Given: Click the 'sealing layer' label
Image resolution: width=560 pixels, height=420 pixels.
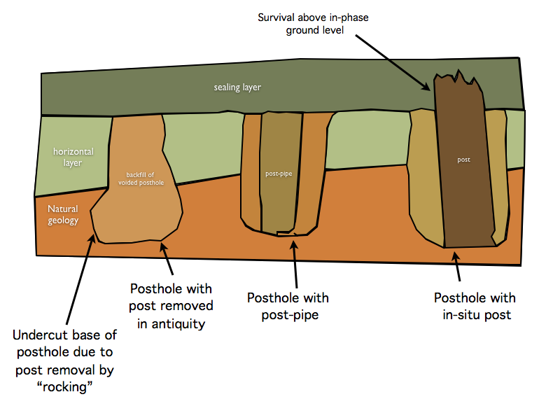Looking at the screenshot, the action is click(x=237, y=87).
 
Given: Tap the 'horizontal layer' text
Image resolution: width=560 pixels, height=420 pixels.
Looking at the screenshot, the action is click(x=73, y=157).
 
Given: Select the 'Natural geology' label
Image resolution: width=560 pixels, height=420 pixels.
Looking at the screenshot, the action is click(x=63, y=214).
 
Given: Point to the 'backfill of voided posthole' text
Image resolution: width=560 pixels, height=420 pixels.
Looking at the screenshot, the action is click(x=141, y=178).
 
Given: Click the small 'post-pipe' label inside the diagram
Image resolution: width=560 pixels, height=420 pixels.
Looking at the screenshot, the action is click(x=279, y=174).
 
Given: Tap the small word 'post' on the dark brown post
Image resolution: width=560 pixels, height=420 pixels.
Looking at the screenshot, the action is click(x=463, y=160).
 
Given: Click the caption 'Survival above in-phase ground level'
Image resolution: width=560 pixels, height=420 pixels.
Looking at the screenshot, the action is click(x=313, y=24).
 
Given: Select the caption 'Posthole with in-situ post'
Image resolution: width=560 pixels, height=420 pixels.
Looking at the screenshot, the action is click(x=475, y=306).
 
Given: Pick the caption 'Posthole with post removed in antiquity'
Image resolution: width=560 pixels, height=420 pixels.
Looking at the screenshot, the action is click(x=171, y=306).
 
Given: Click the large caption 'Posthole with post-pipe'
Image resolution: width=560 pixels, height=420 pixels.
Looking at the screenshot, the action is click(x=288, y=306).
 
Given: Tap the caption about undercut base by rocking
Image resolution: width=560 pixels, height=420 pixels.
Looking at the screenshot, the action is click(x=64, y=360).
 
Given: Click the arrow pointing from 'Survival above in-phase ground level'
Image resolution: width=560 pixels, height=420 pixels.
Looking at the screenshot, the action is click(x=393, y=62).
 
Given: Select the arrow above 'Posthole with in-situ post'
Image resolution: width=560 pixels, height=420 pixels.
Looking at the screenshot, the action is click(x=456, y=267).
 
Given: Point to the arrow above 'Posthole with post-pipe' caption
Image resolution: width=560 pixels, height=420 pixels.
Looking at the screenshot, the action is click(x=295, y=265).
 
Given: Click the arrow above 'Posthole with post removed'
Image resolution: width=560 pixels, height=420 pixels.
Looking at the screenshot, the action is click(x=167, y=258).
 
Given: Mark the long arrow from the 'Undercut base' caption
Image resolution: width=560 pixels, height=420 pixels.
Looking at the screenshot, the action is click(x=80, y=279).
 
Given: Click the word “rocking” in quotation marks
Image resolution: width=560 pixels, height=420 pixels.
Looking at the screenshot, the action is click(x=64, y=387).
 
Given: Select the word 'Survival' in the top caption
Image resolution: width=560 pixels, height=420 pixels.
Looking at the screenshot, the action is click(x=276, y=17).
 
